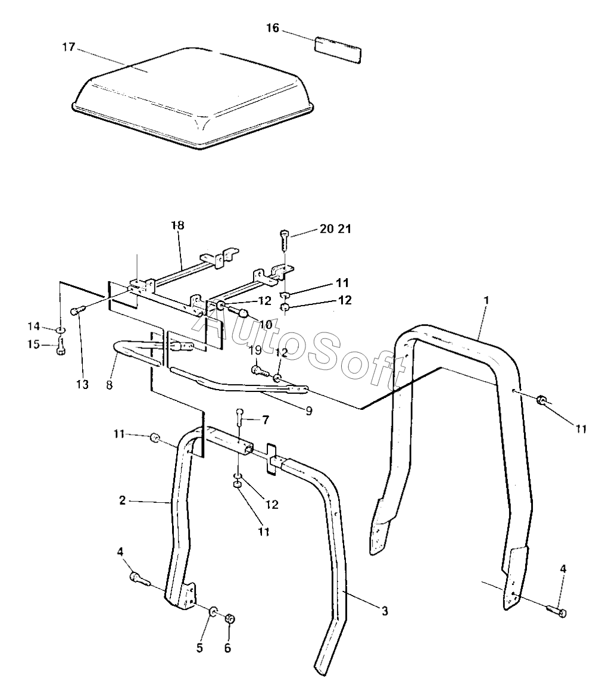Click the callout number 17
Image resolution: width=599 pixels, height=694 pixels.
(69, 47)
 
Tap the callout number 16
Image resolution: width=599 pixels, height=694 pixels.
(272, 29)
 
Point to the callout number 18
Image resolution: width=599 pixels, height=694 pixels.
(177, 225)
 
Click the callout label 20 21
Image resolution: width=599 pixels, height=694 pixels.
(335, 230)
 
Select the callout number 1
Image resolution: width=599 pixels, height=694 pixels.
(486, 301)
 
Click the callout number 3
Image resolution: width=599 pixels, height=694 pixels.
(385, 611)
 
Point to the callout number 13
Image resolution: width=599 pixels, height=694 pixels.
(82, 385)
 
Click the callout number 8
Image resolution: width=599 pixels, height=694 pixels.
(109, 385)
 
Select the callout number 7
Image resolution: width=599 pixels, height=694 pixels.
(265, 420)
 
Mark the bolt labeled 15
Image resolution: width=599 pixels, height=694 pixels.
(61, 347)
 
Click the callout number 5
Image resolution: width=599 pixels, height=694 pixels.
(200, 648)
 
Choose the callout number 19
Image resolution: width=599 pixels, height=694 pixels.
(255, 351)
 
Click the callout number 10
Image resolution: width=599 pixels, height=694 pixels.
(265, 325)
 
